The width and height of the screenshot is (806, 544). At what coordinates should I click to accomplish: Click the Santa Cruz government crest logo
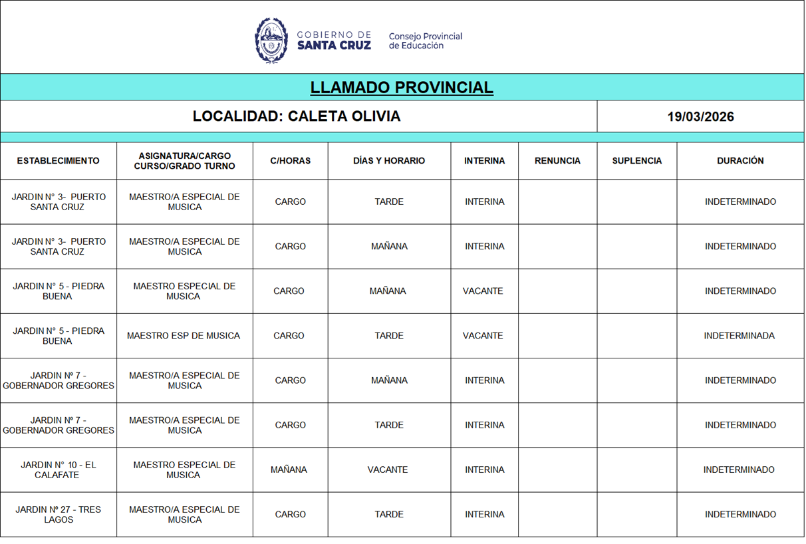click(271, 41)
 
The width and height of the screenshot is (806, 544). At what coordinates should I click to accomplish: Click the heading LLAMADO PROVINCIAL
click(402, 87)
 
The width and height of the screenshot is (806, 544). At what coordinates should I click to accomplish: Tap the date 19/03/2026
click(700, 116)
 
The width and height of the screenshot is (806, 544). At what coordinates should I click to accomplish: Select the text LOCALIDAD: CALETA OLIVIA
click(297, 116)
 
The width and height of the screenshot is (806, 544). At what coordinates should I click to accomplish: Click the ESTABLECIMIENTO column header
click(59, 161)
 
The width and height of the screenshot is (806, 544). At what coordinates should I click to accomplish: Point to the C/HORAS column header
click(290, 161)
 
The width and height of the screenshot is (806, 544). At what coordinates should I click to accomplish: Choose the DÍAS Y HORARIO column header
click(389, 161)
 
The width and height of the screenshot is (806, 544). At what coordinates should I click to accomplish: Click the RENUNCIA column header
click(557, 161)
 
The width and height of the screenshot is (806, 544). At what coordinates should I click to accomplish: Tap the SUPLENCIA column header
click(636, 161)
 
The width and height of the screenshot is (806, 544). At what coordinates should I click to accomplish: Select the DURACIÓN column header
click(740, 161)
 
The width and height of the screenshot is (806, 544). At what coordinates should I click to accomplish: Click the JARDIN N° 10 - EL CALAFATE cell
click(59, 470)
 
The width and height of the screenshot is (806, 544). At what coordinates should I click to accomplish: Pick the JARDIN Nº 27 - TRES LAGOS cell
click(59, 515)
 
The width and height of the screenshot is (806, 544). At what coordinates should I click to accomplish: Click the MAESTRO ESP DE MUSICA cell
click(184, 336)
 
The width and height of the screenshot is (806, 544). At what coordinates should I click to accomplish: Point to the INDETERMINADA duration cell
click(739, 336)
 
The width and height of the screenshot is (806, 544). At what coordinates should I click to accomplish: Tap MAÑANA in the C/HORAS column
click(289, 470)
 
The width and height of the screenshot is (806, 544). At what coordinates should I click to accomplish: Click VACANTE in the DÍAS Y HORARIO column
click(388, 470)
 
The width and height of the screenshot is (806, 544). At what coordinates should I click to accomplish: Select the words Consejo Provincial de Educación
click(425, 41)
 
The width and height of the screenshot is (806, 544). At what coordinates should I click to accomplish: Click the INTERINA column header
click(484, 161)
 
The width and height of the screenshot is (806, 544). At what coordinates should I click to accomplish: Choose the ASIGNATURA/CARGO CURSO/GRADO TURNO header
click(184, 161)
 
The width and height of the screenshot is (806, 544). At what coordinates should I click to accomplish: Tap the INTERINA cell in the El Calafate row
click(484, 470)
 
